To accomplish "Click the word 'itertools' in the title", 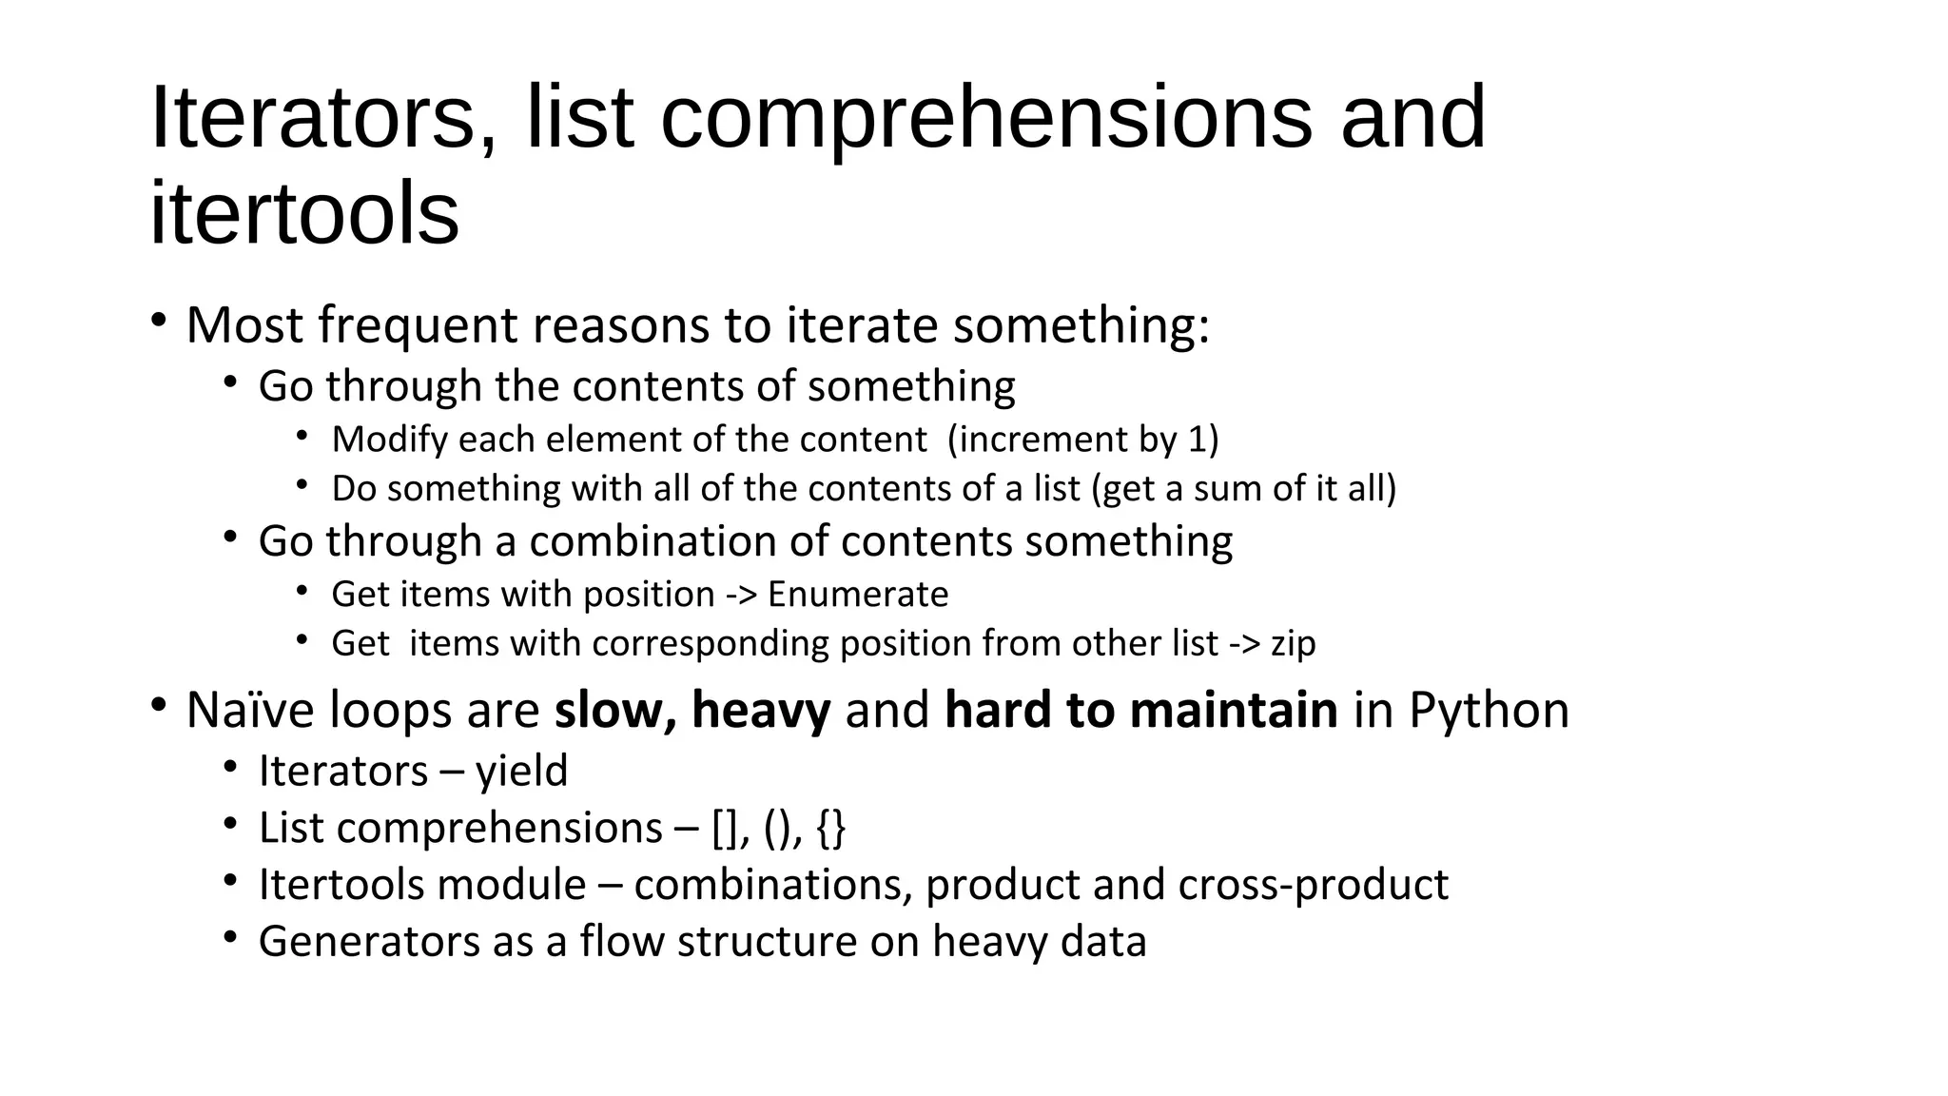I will coord(304,213).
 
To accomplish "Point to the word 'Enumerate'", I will coord(858,595).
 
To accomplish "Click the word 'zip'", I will coord(1294,644).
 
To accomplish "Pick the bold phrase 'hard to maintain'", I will coord(1140,711).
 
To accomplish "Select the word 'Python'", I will coord(1489,711).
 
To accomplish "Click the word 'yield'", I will coord(521,771).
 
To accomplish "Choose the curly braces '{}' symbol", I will coord(830,828).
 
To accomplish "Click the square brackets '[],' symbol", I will coord(731,828).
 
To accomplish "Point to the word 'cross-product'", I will coord(1313,885).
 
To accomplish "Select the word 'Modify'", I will coord(389,440).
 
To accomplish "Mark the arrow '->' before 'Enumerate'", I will coord(741,595).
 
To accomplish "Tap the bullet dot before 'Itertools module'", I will coord(230,880).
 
